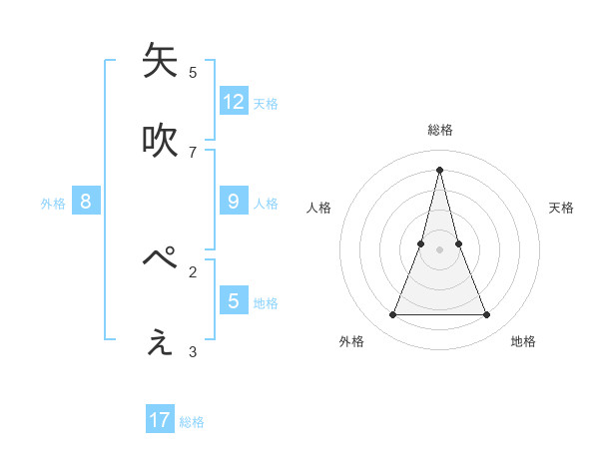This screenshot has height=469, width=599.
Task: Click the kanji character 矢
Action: (160, 61)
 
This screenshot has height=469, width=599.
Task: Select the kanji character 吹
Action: (160, 141)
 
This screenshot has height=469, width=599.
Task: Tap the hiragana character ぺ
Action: (160, 258)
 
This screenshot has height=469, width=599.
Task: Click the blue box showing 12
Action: (234, 101)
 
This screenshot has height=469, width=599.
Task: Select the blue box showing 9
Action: (234, 201)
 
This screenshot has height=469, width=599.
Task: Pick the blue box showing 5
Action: (234, 299)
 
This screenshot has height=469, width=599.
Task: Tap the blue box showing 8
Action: (86, 201)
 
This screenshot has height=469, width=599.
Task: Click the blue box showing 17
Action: (160, 420)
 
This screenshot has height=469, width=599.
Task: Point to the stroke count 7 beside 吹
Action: (193, 152)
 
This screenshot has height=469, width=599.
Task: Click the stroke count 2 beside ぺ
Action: (193, 270)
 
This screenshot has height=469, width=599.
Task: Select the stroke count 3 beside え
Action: (193, 351)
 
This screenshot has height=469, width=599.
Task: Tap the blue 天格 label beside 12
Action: (266, 103)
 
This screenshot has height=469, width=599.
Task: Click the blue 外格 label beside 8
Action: (53, 204)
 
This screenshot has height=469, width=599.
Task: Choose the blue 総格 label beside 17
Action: (192, 422)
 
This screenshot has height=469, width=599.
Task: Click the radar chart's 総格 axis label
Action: (440, 130)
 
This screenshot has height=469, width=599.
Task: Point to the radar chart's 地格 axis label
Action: (523, 341)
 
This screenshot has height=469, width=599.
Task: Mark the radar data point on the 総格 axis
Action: (439, 169)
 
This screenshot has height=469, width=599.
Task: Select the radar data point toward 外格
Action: (392, 315)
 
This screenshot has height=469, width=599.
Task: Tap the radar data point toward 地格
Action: (487, 315)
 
